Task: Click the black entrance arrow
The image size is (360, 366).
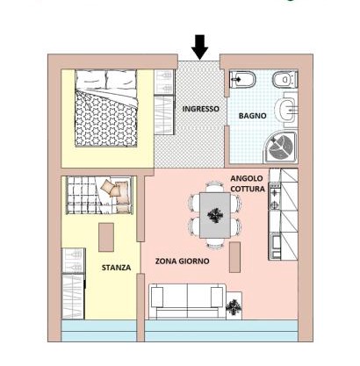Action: pos(199,47)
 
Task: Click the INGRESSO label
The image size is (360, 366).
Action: pos(200,109)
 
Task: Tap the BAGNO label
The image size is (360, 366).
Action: pos(253,116)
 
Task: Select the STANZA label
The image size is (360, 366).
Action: pos(116,268)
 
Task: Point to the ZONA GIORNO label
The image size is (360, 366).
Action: pos(182,261)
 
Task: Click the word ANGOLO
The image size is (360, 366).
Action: pos(247,178)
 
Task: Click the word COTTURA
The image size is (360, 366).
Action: pos(248,189)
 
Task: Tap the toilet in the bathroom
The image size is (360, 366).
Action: pos(285,79)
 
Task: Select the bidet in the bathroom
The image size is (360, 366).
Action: pos(242,79)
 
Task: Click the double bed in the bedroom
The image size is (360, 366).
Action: pos(106,108)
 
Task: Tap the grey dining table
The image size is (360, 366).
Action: pos(215,215)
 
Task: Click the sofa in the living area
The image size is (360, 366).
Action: pos(187,301)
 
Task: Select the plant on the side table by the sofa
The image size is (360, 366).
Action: pos(234,307)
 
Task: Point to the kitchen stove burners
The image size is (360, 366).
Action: pos(275,197)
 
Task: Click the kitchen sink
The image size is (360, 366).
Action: pos(276,245)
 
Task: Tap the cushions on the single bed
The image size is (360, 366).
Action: pos(115,192)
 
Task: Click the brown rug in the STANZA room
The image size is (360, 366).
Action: pos(106,237)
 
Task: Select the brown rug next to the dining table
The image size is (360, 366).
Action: pos(234,257)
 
